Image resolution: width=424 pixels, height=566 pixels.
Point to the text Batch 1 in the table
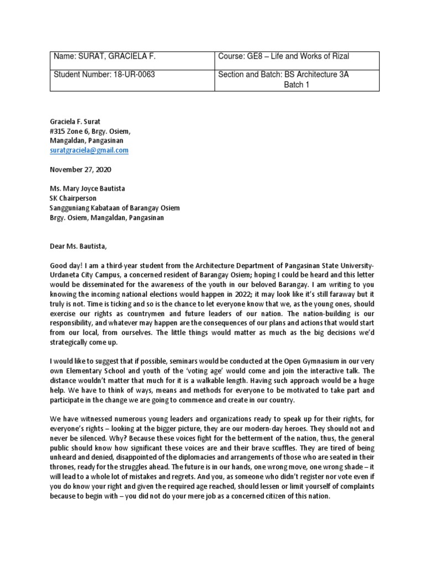[296, 85]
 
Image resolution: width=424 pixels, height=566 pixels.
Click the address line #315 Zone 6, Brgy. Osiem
[91, 132]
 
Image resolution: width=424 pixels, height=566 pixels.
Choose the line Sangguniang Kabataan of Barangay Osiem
[115, 208]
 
